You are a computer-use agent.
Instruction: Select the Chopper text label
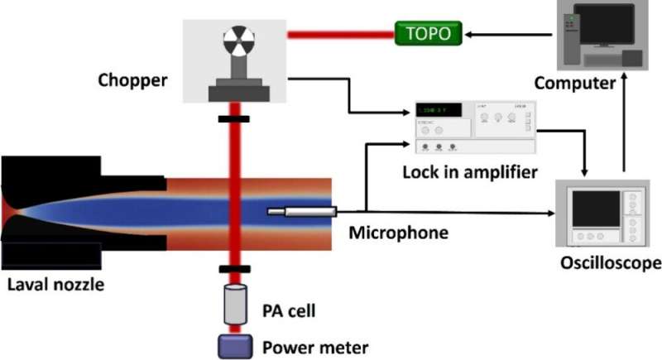pos(132,80)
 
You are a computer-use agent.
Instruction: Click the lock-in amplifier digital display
pos(439,110)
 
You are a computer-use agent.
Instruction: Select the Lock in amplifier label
pos(472,172)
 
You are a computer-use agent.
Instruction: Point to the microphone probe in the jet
pos(299,213)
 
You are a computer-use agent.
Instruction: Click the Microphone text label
pos(398,233)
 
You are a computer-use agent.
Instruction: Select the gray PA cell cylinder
pos(235,305)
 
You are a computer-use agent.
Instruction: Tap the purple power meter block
pos(235,346)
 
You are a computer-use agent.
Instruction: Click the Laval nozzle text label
pos(49,286)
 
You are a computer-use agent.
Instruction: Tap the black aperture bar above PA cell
pos(235,269)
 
